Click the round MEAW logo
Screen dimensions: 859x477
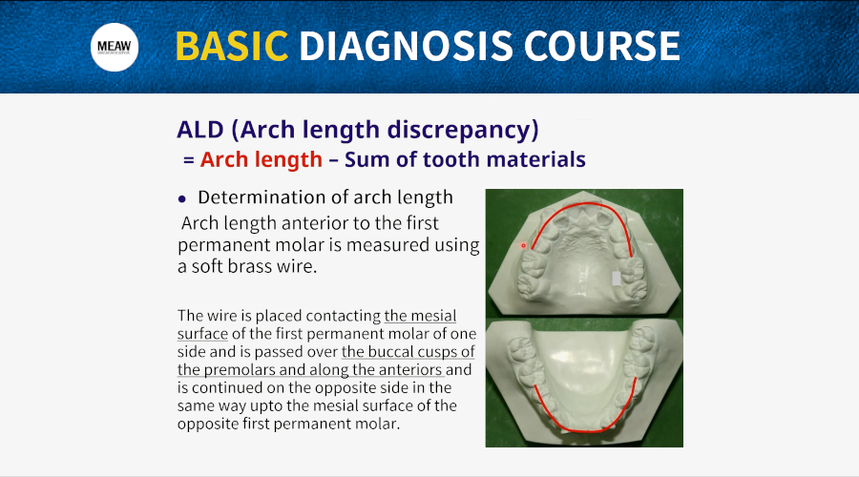tap(115, 47)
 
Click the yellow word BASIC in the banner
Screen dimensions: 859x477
tap(232, 46)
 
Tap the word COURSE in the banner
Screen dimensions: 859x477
tap(602, 46)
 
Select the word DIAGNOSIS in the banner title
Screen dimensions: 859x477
tap(406, 46)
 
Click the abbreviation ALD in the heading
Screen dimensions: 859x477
tap(200, 130)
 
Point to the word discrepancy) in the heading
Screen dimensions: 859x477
tap(463, 131)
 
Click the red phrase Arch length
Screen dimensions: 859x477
tap(262, 159)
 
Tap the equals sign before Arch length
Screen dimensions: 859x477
tap(189, 160)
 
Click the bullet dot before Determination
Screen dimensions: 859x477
tap(182, 199)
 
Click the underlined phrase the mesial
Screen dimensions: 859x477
tap(420, 316)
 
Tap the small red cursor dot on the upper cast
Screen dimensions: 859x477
tap(523, 245)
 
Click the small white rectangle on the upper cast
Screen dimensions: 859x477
tap(617, 279)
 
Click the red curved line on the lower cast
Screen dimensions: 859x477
tap(584, 430)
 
